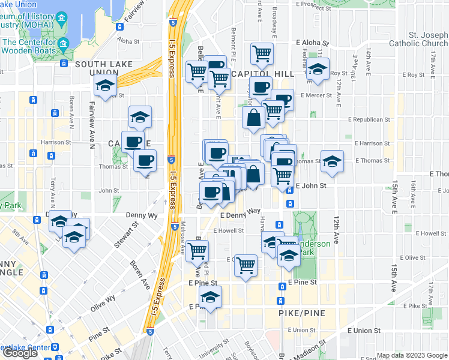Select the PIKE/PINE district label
coord(302,313)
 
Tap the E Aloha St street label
coord(313,44)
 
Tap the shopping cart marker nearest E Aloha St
coord(262,53)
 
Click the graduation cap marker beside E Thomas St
coord(332,160)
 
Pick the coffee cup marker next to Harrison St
coord(133,142)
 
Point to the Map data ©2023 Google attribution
coord(412,355)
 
